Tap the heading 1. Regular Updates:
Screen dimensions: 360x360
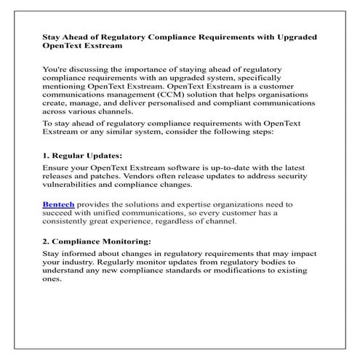[82, 156]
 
